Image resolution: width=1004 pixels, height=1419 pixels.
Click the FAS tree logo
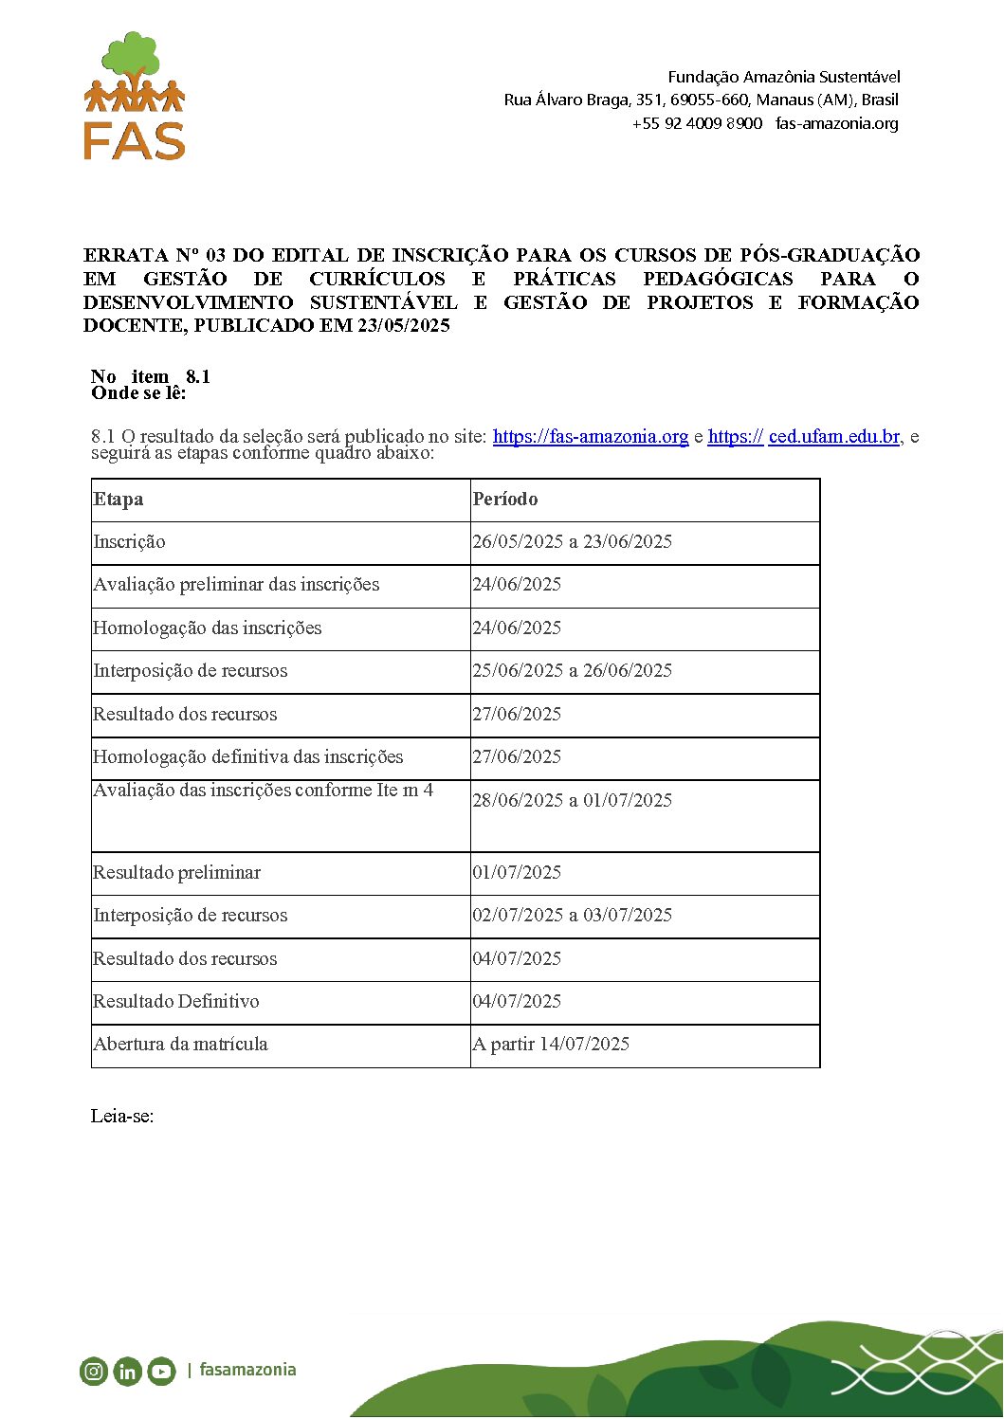point(135,96)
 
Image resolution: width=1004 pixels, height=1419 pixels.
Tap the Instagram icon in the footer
point(94,1371)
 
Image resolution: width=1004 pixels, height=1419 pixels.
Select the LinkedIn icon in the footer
point(127,1371)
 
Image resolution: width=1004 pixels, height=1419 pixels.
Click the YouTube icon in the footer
point(161,1371)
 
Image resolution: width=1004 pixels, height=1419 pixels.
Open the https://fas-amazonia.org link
point(590,437)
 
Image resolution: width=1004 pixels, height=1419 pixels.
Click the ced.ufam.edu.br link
point(833,437)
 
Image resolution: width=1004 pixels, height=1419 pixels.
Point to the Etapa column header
point(119,500)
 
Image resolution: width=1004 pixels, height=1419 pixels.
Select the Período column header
point(505,500)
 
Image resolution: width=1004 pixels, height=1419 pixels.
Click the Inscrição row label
point(129,542)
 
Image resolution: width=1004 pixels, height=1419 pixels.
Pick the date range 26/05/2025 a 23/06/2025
point(573,542)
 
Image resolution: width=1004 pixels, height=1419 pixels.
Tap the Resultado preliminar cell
point(176,873)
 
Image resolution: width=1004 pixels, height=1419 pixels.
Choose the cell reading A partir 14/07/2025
point(551,1045)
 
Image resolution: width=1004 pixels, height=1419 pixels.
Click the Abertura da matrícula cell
point(180,1045)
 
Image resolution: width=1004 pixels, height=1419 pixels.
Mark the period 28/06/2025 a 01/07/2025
point(573,801)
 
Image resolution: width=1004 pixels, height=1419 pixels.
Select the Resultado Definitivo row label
point(175,1002)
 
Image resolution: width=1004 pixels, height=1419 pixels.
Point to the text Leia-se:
point(122,1116)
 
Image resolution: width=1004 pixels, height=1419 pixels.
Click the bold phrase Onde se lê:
point(138,393)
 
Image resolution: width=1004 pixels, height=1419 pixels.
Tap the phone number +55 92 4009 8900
point(697,123)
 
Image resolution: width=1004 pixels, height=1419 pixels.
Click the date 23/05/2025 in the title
point(403,326)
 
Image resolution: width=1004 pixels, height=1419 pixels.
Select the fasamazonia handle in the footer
point(247,1370)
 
